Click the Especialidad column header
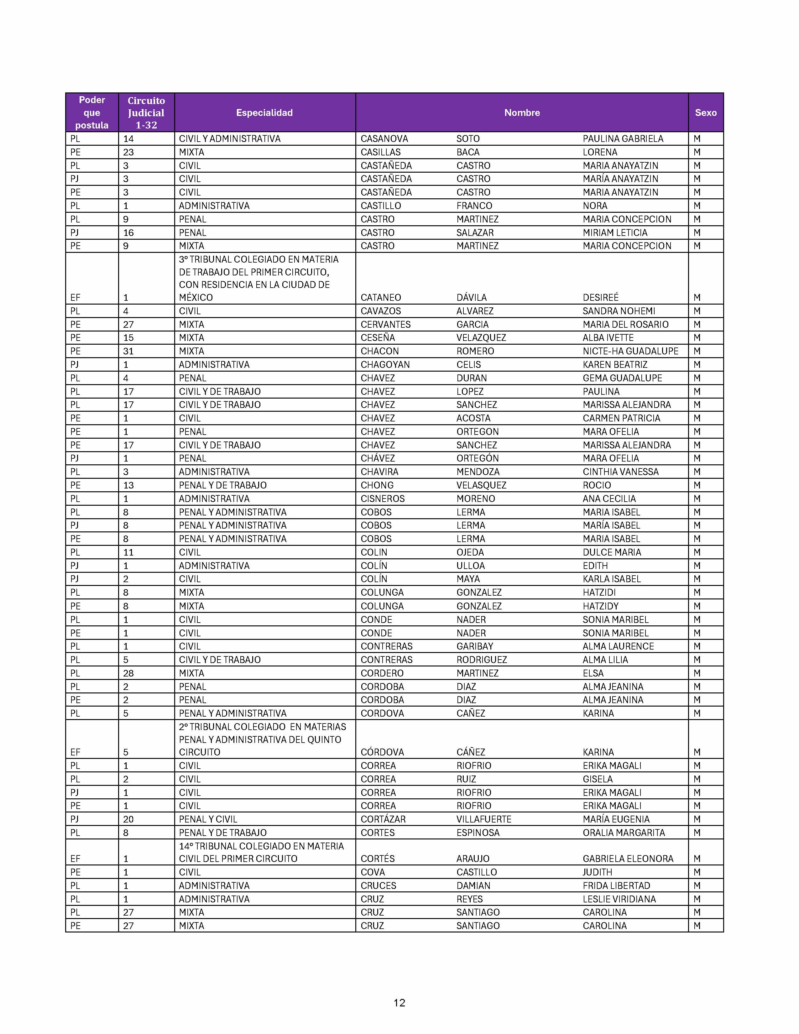(264, 113)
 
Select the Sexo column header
(705, 113)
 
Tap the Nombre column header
(522, 113)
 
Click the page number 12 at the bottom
(399, 1003)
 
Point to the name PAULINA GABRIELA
(623, 139)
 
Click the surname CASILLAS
(381, 152)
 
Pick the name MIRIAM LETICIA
(614, 232)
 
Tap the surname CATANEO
(381, 297)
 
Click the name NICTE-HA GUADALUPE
(630, 351)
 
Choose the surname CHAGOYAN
(385, 364)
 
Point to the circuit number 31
(128, 351)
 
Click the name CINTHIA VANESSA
(620, 472)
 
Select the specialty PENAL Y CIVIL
(208, 819)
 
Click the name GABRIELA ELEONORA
(628, 858)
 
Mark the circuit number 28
(128, 673)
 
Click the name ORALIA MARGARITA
(624, 832)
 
